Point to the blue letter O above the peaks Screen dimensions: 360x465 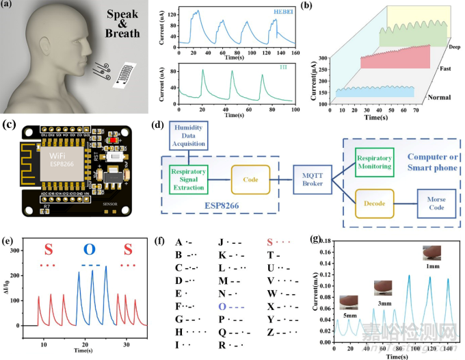(x=90, y=248)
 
